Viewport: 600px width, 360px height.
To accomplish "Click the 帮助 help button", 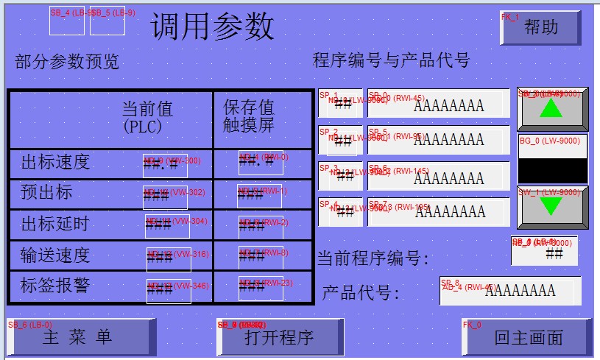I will (540, 28).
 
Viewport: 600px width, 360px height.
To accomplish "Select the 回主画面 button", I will (528, 337).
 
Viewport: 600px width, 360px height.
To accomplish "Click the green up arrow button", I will (552, 109).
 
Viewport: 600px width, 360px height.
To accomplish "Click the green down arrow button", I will (552, 207).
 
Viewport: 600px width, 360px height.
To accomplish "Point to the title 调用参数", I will (213, 27).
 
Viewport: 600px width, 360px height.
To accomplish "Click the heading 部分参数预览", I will (66, 62).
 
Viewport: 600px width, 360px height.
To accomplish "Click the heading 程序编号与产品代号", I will (391, 60).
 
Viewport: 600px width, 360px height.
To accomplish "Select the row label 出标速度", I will (55, 162).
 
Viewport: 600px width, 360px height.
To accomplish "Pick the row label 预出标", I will (46, 192).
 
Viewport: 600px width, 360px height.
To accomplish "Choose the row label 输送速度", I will (55, 255).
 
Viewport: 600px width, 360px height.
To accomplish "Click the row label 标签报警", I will (55, 285).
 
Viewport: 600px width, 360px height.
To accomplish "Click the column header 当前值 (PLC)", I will (147, 117).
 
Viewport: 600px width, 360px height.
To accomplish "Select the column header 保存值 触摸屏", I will (249, 116).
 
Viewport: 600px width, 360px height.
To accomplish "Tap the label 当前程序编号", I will (373, 258).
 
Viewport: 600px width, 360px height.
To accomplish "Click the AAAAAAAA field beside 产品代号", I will (510, 290).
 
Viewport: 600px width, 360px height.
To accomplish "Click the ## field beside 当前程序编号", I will (545, 251).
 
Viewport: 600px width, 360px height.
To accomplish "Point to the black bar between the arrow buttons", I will (552, 169).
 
